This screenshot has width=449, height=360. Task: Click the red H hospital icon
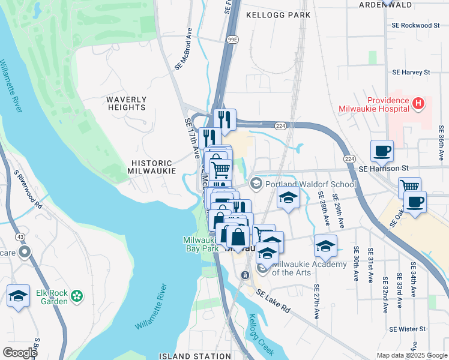pyautogui.click(x=418, y=104)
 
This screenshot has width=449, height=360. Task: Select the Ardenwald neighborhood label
pyautogui.click(x=402, y=4)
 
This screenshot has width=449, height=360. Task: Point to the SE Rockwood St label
pyautogui.click(x=415, y=26)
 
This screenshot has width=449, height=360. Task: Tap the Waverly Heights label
pyautogui.click(x=126, y=103)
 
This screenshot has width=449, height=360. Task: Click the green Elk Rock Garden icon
pyautogui.click(x=76, y=296)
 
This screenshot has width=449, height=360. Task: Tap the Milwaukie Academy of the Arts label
pyautogui.click(x=310, y=269)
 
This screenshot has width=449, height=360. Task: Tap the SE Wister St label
pyautogui.click(x=408, y=329)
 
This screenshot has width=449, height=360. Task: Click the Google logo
pyautogui.click(x=19, y=352)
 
